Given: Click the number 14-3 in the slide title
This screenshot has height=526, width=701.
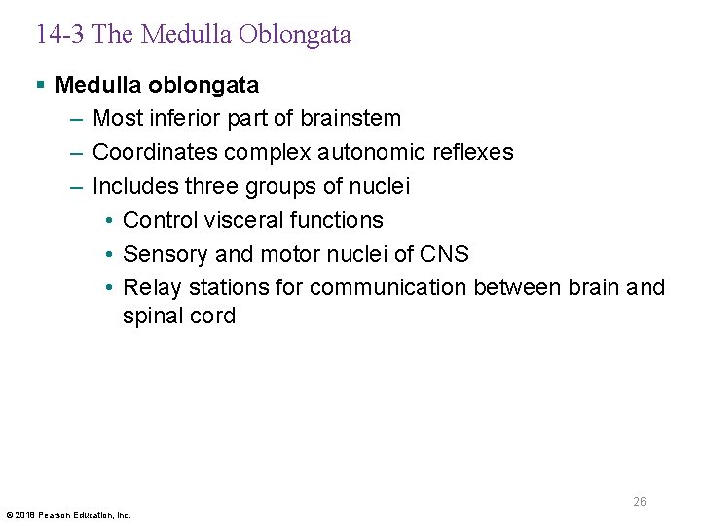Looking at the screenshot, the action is (x=60, y=36).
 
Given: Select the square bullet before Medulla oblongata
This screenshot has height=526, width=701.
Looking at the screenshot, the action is (x=40, y=86).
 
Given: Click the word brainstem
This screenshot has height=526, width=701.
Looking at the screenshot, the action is (x=351, y=119).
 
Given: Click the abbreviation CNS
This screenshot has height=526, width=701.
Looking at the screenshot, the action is (x=444, y=254).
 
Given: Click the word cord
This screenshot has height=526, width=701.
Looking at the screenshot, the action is (x=213, y=317).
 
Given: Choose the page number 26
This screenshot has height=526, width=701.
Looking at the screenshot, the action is (x=639, y=502).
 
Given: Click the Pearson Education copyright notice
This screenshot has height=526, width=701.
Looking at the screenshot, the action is (x=68, y=515).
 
